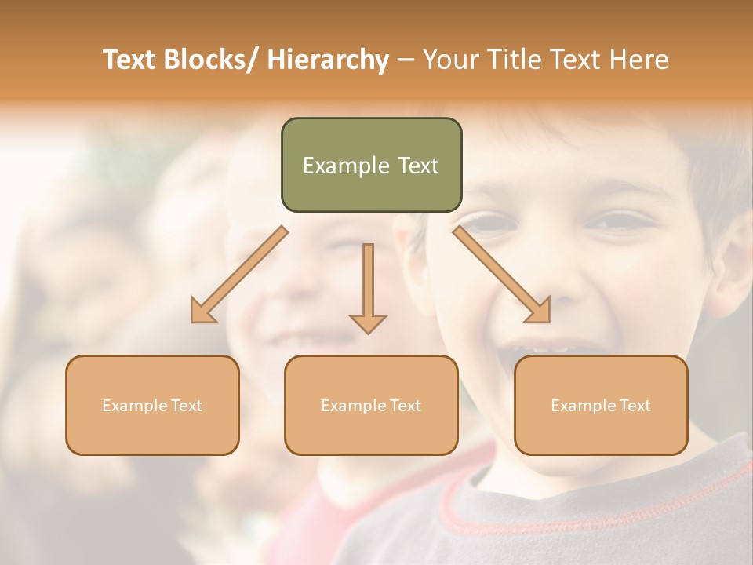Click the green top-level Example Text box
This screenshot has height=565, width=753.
point(371,165)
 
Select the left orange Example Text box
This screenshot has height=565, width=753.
point(152,405)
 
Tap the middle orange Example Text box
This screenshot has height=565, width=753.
point(371,405)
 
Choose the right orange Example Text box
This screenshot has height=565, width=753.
point(601,405)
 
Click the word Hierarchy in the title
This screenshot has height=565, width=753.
point(328,60)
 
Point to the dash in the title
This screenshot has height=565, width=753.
point(406,60)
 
